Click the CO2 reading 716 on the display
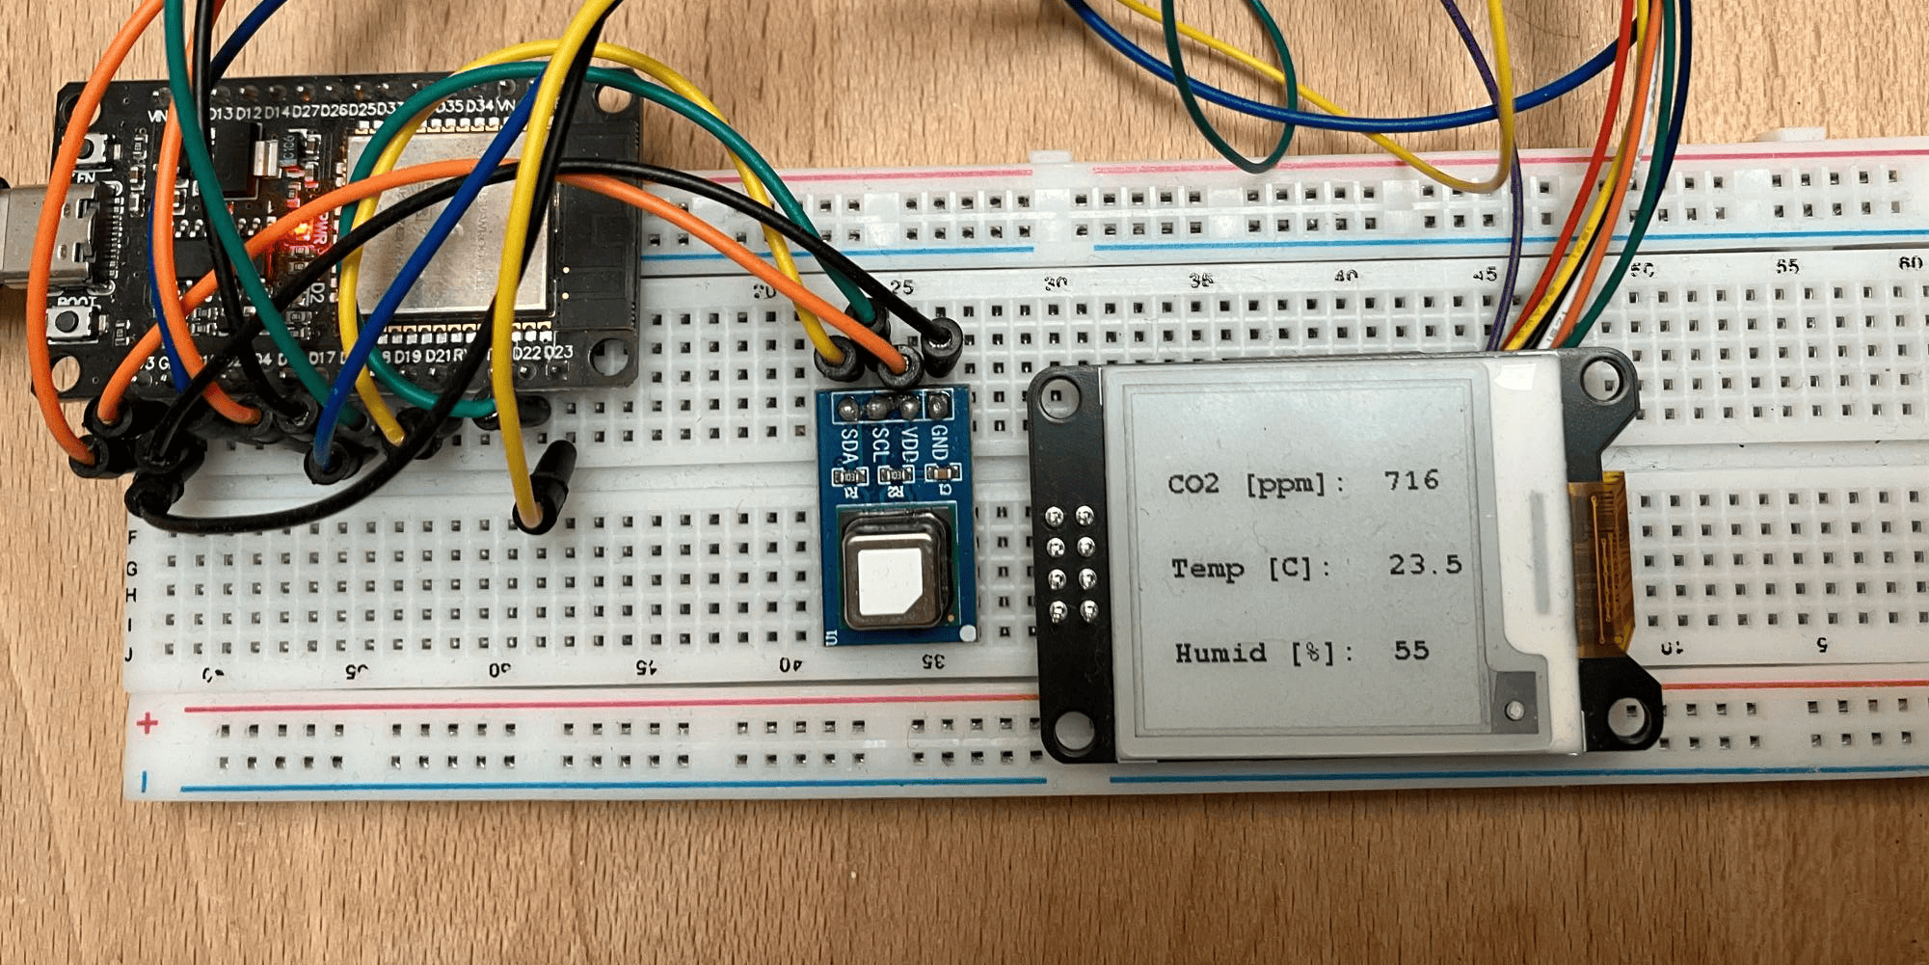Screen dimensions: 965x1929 coord(1411,480)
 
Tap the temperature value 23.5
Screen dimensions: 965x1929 coord(1425,565)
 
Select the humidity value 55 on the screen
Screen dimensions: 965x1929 coord(1410,651)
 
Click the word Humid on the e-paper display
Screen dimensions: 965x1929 coord(1220,654)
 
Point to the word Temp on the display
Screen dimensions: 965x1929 coord(1207,569)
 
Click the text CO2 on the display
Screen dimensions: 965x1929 coord(1193,483)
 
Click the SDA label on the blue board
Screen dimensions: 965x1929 coord(850,446)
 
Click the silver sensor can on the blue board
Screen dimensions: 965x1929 coord(893,576)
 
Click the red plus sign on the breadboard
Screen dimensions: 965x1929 coord(147,723)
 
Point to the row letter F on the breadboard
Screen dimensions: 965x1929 coord(132,536)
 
